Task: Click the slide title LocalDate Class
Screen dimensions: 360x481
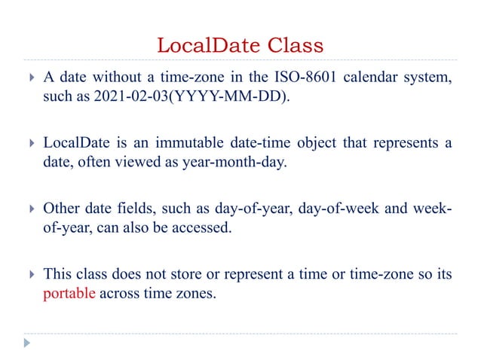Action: pyautogui.click(x=240, y=46)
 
